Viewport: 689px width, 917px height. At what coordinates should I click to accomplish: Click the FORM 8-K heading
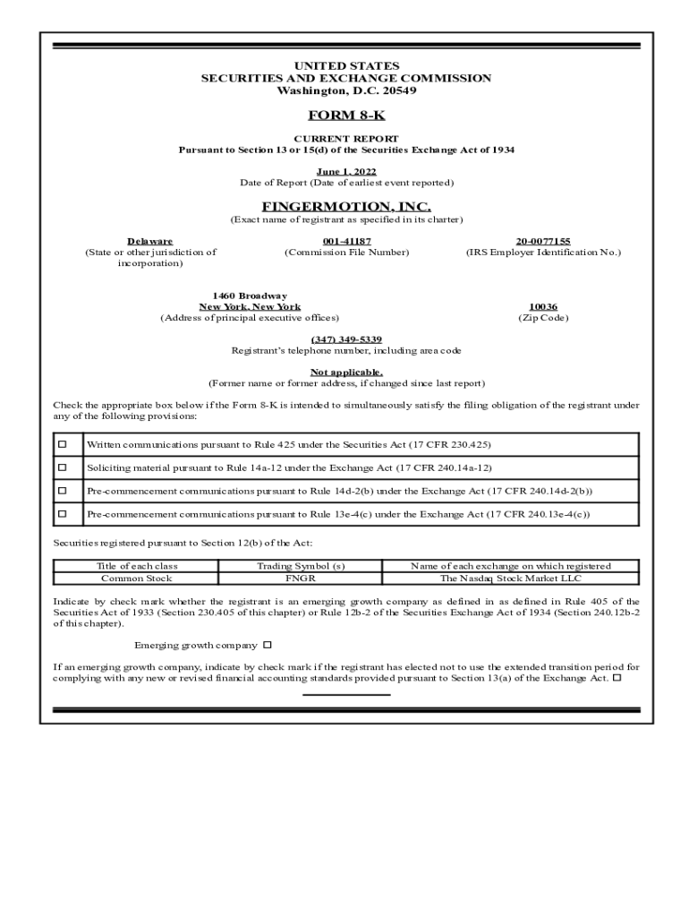tap(346, 116)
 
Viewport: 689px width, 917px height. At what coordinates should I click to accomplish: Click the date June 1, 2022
tap(346, 171)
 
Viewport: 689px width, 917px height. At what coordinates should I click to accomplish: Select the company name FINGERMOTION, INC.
tap(346, 207)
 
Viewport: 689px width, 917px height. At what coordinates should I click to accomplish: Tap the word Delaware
tap(150, 241)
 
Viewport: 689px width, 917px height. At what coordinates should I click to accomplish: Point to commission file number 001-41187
tap(346, 241)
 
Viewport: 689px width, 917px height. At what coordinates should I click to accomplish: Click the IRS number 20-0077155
tap(543, 241)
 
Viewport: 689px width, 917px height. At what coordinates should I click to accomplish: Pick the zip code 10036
tap(543, 306)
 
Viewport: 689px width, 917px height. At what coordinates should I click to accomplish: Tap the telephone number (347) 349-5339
tap(346, 339)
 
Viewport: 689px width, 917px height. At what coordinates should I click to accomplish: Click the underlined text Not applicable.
tap(346, 372)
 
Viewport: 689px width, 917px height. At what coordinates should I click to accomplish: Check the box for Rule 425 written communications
tap(63, 444)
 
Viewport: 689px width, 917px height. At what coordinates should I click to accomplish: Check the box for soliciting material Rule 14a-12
tap(63, 467)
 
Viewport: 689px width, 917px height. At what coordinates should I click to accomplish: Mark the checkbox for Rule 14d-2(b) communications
tap(63, 491)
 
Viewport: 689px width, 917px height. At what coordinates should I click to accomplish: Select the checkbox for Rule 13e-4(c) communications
tap(63, 514)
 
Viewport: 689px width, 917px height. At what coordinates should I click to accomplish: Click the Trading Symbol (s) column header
tap(301, 566)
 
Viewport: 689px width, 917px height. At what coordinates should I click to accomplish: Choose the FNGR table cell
tap(301, 578)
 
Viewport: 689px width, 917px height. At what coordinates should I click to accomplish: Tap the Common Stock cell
tap(136, 578)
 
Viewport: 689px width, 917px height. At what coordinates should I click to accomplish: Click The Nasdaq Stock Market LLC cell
tap(511, 578)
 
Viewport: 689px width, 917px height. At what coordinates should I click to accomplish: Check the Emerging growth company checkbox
tap(267, 645)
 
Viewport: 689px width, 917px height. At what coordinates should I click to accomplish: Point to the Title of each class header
tap(136, 566)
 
